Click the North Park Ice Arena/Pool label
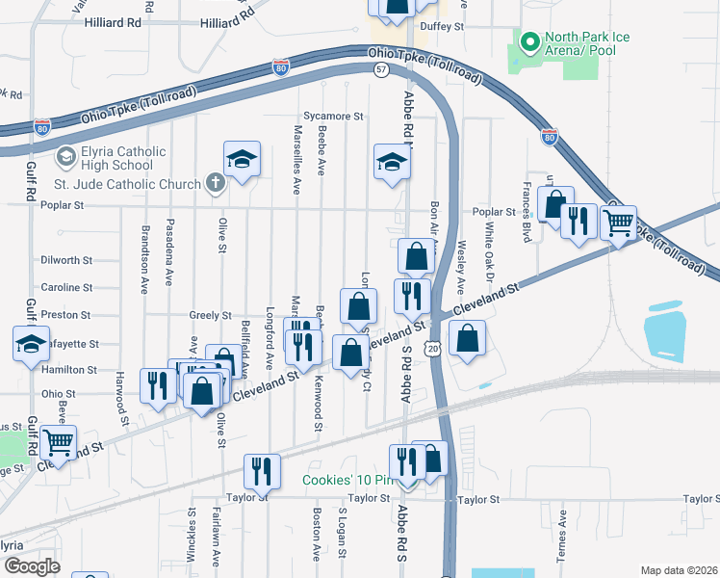[587, 43]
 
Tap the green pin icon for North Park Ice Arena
[528, 42]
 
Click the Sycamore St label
[333, 116]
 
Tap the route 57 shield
[382, 70]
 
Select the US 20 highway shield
[434, 345]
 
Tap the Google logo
[32, 566]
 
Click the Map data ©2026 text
[679, 570]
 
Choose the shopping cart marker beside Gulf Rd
[59, 444]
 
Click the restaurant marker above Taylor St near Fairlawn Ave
[261, 471]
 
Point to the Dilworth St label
[66, 260]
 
